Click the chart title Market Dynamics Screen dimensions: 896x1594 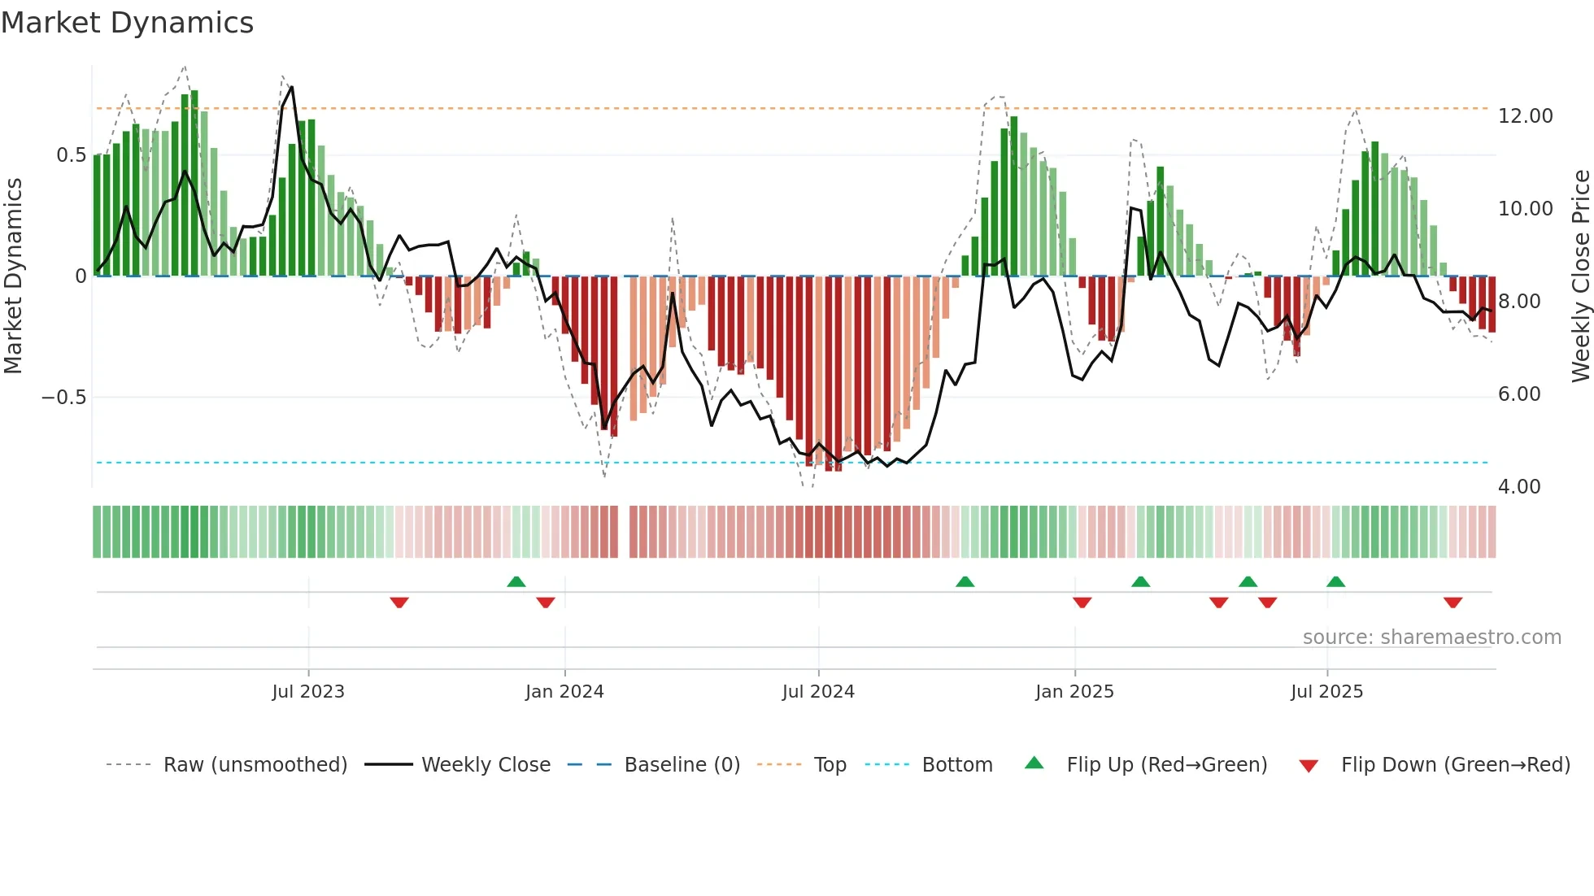point(127,23)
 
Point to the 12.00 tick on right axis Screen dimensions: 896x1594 point(1525,116)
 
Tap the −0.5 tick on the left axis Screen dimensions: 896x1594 point(63,398)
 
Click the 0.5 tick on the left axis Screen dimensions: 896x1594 point(71,155)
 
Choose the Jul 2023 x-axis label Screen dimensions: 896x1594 point(308,692)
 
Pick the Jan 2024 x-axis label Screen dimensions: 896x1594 point(564,692)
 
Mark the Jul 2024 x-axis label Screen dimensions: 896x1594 point(818,692)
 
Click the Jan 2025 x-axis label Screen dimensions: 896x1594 point(1074,692)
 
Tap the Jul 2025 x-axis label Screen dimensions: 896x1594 point(1326,692)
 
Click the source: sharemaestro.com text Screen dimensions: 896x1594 point(1431,637)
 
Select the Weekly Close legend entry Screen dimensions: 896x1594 point(486,765)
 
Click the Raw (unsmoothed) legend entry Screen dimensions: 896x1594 point(255,765)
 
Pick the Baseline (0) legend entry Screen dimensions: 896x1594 point(682,765)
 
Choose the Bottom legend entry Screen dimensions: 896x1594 point(956,765)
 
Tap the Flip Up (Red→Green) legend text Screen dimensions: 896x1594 point(1166,765)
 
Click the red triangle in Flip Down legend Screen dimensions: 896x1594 point(1309,766)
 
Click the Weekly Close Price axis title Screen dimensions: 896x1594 point(1580,276)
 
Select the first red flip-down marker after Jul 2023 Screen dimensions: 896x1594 point(398,602)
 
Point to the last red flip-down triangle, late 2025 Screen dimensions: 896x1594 point(1452,602)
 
